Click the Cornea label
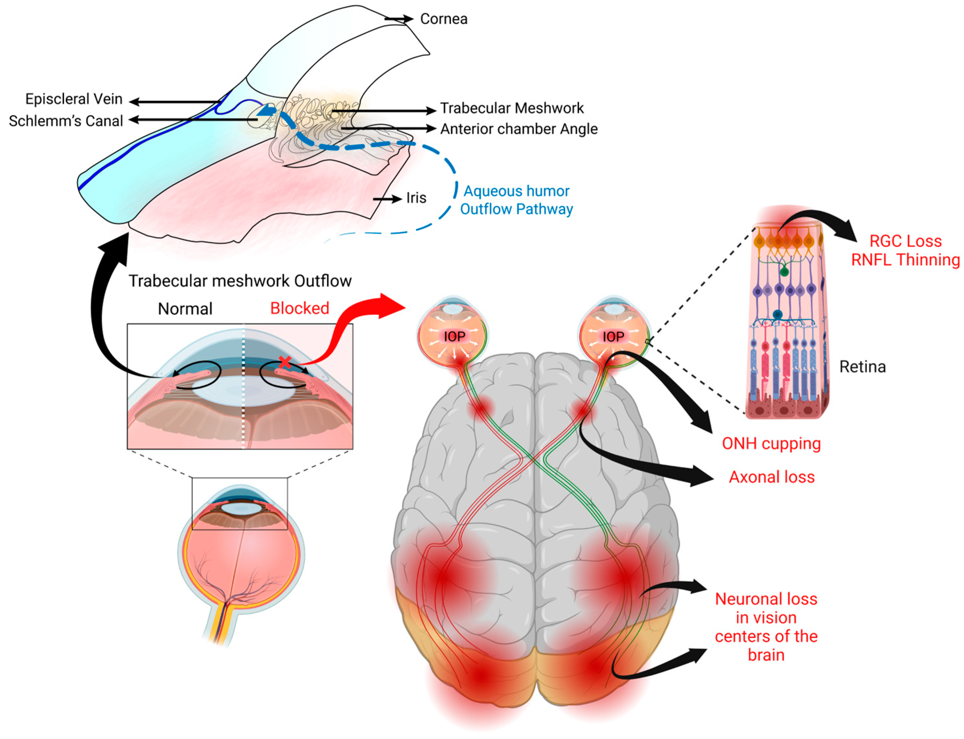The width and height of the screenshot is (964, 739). coord(443,19)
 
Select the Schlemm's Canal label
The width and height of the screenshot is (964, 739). coord(66,121)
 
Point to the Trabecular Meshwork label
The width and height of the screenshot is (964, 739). coord(512,108)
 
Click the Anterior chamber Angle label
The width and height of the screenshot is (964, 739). coord(519,129)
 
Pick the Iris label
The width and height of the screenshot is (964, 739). coord(416,198)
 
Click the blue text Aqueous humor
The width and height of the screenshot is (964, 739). coord(516,191)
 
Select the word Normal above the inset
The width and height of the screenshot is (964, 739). coord(185,309)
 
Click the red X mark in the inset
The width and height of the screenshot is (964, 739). coord(285,362)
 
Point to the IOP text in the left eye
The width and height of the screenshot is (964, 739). coord(454,337)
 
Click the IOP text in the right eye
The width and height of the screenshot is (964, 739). coord(613,337)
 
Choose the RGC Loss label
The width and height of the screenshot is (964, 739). coord(905,241)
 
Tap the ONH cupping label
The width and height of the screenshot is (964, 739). coord(771,444)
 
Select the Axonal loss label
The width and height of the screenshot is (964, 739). coord(772,477)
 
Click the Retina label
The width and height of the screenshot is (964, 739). coord(862,367)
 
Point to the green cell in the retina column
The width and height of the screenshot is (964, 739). coord(784,272)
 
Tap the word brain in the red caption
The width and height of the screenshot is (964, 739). coord(766,655)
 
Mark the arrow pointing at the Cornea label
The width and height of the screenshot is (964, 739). coord(399,19)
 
